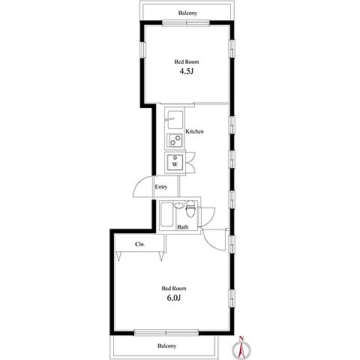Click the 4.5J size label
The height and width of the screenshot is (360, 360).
187,71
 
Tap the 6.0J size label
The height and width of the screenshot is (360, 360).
174,298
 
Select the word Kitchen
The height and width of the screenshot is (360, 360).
194,131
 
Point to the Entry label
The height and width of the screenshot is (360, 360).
161,187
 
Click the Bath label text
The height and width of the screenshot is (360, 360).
183,227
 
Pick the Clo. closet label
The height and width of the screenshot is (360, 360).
139,244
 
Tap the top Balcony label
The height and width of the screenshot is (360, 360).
187,13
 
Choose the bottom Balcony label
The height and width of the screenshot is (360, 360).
166,346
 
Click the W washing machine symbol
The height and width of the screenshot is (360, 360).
175,163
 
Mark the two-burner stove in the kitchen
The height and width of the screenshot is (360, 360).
175,140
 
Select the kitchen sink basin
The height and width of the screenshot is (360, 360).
175,119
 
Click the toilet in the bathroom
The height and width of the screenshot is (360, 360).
190,209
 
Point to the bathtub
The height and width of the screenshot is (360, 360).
166,214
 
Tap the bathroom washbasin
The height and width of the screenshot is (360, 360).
179,205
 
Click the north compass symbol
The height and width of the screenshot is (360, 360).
241,348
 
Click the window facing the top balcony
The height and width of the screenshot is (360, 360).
186,23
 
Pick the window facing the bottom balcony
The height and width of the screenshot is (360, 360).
166,333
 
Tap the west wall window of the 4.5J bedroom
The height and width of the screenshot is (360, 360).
142,49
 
